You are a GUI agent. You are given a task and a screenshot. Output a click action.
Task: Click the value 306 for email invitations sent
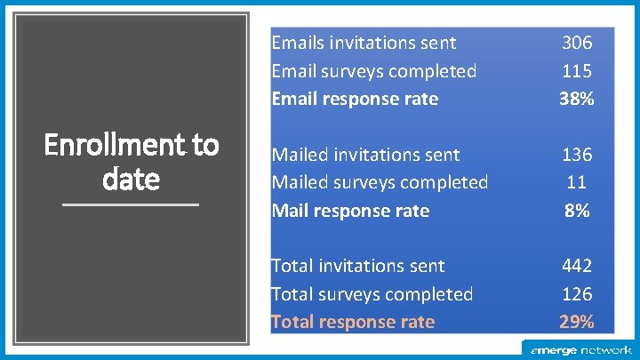point(576,43)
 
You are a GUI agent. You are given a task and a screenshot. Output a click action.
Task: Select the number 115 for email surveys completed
point(576,71)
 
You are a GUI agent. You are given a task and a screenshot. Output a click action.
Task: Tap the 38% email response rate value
point(576,99)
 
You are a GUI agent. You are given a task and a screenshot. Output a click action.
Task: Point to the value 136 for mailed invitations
point(576,155)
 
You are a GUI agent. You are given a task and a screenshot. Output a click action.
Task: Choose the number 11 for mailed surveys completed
point(576,182)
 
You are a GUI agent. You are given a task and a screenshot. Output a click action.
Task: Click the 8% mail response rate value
point(576,211)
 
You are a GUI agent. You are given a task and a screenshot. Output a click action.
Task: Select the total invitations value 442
point(576,266)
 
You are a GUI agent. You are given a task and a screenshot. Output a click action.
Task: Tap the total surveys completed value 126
point(576,294)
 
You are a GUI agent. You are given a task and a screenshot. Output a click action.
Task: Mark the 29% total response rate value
point(576,322)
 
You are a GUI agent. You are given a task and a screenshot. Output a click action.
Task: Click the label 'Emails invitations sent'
point(364,43)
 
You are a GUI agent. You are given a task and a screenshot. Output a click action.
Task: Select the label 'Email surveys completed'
point(373,71)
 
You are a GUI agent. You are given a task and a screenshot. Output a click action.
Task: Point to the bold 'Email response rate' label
point(355,99)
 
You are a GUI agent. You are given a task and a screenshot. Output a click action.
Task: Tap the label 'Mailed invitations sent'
point(365,155)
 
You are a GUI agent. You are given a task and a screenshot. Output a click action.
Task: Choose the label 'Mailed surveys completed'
point(380,182)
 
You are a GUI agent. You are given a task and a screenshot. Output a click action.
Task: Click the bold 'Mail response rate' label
point(350,211)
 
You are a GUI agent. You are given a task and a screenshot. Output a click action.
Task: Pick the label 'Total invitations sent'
point(358,266)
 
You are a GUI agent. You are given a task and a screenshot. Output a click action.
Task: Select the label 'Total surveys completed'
point(372,294)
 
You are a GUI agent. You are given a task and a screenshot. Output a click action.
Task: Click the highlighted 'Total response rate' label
point(353,322)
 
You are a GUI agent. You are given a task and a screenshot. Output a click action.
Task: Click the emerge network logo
point(580,350)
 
